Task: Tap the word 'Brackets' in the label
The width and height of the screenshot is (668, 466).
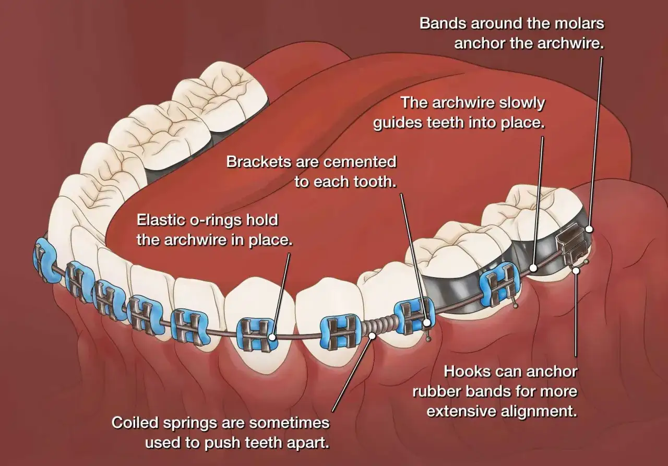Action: click(258, 162)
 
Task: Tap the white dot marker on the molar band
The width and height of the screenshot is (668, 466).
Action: click(589, 229)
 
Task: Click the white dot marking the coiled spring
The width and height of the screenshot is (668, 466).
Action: click(372, 336)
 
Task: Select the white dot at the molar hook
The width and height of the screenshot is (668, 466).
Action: click(576, 270)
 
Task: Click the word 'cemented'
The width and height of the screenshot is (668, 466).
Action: click(360, 162)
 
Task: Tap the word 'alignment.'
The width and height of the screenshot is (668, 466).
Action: click(539, 412)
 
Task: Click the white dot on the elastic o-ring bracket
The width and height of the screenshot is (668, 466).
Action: click(272, 337)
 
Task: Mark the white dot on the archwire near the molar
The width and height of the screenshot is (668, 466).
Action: click(533, 268)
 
